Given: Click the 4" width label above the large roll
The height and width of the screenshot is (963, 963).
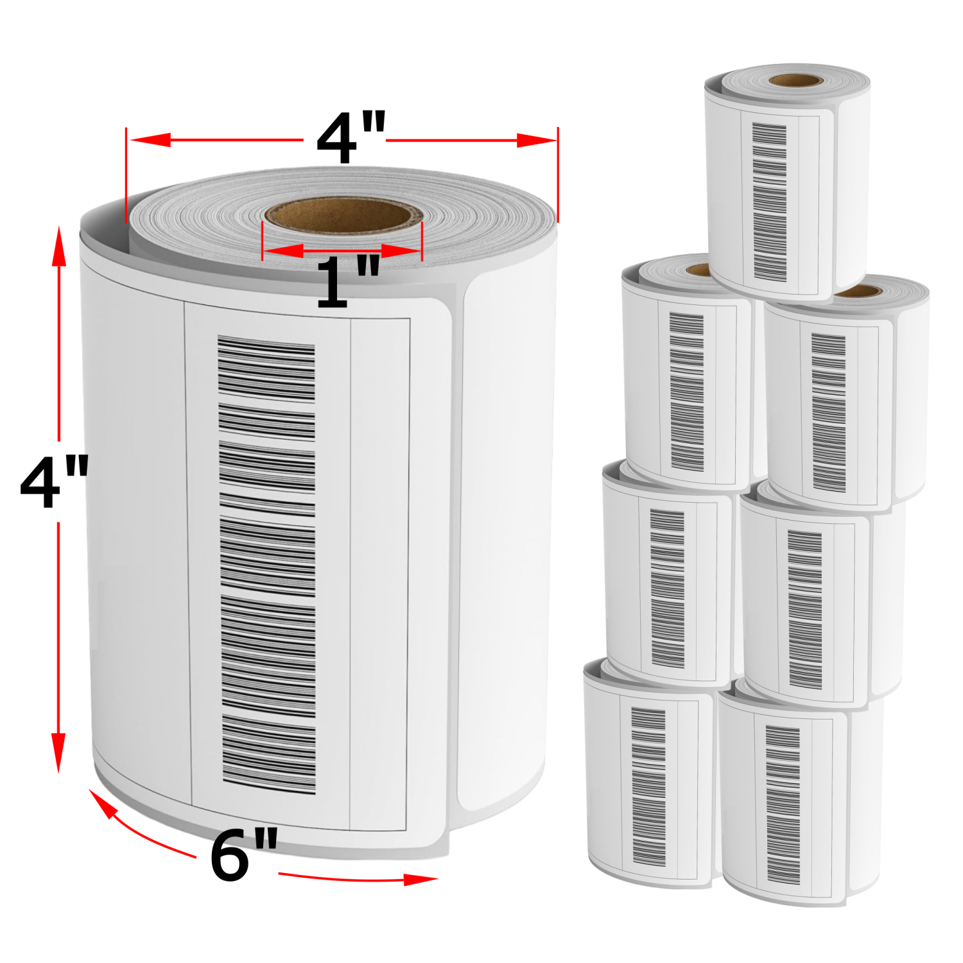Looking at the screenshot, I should click(351, 137).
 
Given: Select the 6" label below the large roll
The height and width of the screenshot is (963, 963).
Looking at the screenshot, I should click(244, 854).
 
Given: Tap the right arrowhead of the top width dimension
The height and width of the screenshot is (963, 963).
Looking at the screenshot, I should click(537, 140).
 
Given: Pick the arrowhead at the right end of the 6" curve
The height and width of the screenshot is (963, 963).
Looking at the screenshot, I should click(421, 879).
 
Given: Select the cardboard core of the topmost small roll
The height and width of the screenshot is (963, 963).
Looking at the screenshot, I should click(796, 81).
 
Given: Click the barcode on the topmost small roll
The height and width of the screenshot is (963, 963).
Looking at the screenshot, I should click(770, 202).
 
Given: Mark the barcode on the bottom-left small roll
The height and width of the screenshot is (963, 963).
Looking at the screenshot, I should click(649, 786).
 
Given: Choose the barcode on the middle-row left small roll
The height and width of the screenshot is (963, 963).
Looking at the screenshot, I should click(668, 588).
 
